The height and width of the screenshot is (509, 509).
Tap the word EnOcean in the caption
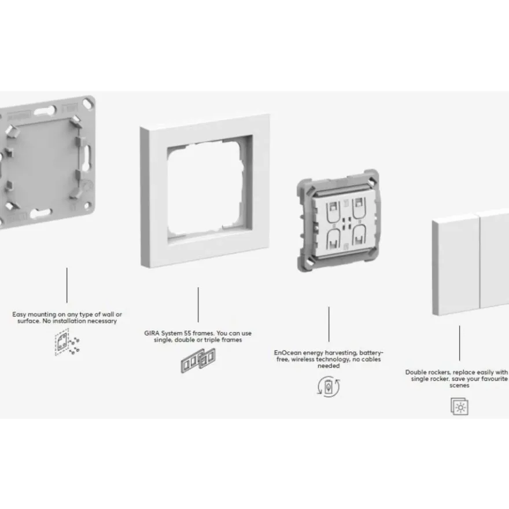pyautogui.click(x=287, y=353)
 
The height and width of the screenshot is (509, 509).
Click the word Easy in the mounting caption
pyautogui.click(x=19, y=315)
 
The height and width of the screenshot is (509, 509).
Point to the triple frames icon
pyautogui.click(x=198, y=360)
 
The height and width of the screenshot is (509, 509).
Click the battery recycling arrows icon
pyautogui.click(x=329, y=386)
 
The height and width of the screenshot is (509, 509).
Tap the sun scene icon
pyautogui.click(x=459, y=406)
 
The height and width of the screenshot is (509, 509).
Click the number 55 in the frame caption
pyautogui.click(x=187, y=333)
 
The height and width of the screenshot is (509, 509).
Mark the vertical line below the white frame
pyautogui.click(x=198, y=304)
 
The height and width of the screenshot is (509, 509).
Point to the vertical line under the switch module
pyautogui.click(x=329, y=324)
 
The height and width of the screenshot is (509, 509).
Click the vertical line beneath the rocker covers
pyautogui.click(x=459, y=343)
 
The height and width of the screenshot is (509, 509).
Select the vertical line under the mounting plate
pyautogui.click(x=67, y=285)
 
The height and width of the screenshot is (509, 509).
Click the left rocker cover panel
pyautogui.click(x=456, y=264)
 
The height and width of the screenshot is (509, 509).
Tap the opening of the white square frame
pyautogui.click(x=205, y=190)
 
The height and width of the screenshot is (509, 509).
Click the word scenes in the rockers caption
pyautogui.click(x=459, y=386)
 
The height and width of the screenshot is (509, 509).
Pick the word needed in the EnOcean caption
pyautogui.click(x=329, y=366)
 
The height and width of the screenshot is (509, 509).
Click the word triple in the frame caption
pyautogui.click(x=211, y=340)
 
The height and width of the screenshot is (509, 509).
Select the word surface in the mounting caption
pyautogui.click(x=28, y=321)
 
